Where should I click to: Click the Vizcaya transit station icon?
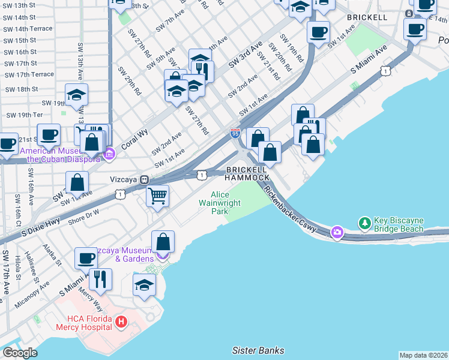pyautogui.click(x=144, y=179)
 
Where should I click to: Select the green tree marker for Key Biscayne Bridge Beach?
pyautogui.click(x=364, y=224)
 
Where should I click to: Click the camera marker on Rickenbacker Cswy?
pyautogui.click(x=337, y=232)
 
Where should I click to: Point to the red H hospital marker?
pyautogui.click(x=121, y=322)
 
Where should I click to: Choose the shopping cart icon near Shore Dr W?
pyautogui.click(x=157, y=196)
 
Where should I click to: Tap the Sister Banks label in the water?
pyautogui.click(x=258, y=350)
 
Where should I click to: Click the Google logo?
pyautogui.click(x=19, y=352)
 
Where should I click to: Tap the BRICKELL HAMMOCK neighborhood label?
pyautogui.click(x=247, y=173)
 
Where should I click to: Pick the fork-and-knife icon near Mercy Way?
pyautogui.click(x=100, y=278)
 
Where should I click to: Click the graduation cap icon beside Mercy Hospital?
pyautogui.click(x=145, y=285)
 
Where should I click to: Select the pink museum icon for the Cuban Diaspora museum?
pyautogui.click(x=109, y=155)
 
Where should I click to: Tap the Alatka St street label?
pyautogui.click(x=53, y=257)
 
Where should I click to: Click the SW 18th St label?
pyautogui.click(x=21, y=89)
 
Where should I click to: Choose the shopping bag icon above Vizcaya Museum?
pyautogui.click(x=163, y=242)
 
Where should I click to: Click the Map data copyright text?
pyautogui.click(x=423, y=355)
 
